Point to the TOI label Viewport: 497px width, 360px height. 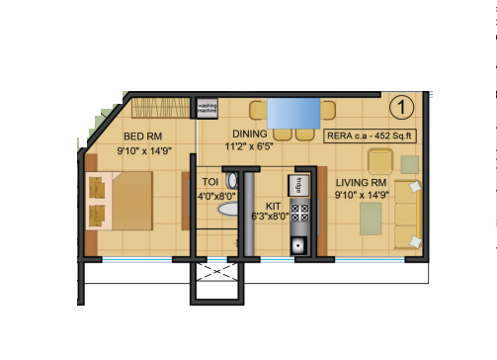click(x=209, y=182)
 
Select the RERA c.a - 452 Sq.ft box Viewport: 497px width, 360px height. click(x=369, y=135)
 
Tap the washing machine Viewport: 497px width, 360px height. click(x=207, y=108)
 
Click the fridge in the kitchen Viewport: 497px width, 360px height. click(x=295, y=182)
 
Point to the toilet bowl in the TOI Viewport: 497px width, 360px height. click(x=232, y=182)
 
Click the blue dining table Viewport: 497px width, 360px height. click(x=290, y=111)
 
